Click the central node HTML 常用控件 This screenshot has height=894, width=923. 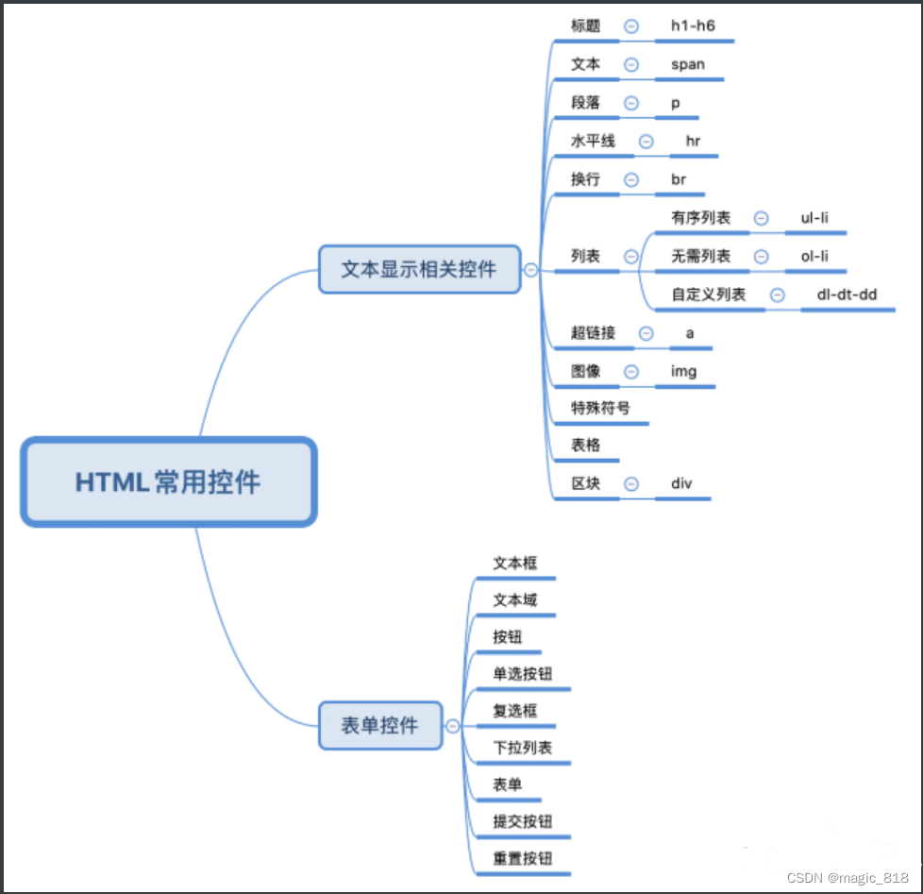pos(168,481)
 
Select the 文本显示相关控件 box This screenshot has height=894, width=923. pos(419,270)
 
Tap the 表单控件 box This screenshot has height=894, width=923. pos(380,725)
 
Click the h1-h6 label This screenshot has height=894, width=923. pos(693,26)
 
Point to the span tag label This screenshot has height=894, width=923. pos(688,65)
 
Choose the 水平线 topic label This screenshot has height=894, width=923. pos(593,142)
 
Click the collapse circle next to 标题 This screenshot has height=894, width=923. pos(631,26)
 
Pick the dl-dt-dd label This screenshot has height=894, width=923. pos(847,295)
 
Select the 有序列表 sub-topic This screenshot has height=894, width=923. pos(701,218)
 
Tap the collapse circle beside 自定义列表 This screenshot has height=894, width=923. pos(778,295)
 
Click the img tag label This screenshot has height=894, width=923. pos(684,371)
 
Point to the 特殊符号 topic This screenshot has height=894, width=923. pos(600,409)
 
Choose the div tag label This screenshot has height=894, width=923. pos(682,483)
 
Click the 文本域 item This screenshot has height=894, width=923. pos(515,599)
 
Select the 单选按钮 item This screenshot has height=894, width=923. pos(522,673)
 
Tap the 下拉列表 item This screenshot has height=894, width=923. pos(522,748)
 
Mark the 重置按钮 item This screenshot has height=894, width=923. pos(522,858)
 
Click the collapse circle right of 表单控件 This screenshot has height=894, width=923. pos(453,726)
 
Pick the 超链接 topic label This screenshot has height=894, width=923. pos(593,332)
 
